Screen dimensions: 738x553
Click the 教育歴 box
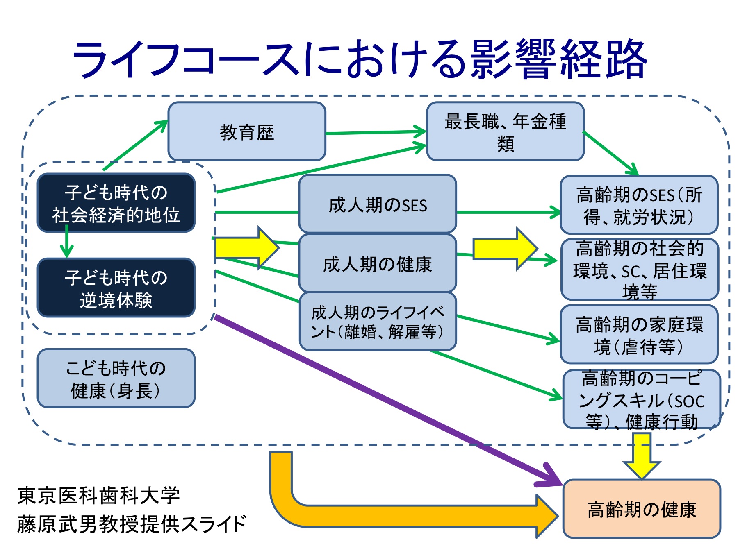point(247,131)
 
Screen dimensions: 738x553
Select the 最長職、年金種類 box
point(506,131)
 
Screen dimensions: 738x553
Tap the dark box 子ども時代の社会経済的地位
point(116,203)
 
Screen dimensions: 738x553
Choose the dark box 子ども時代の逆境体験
point(116,288)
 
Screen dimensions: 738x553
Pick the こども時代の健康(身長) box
point(116,378)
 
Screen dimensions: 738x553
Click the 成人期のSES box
point(378,204)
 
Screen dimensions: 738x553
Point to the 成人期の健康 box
point(378,263)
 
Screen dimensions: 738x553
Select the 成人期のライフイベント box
point(378,322)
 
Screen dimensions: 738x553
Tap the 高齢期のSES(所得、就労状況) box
point(639,205)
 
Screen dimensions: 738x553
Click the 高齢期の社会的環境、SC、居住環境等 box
point(640,270)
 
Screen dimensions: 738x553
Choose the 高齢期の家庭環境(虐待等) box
point(639,334)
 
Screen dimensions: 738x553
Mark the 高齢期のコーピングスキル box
point(642,399)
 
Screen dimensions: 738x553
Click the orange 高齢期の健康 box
point(642,509)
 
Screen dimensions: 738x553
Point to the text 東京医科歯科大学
point(98,495)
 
